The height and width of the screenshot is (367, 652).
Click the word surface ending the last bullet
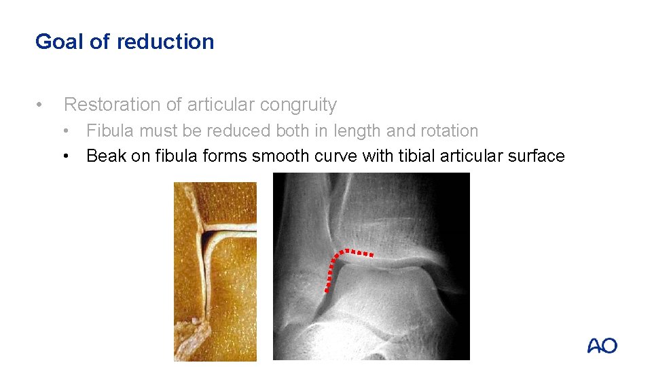[x=537, y=156]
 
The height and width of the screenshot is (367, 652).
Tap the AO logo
[x=602, y=346]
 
